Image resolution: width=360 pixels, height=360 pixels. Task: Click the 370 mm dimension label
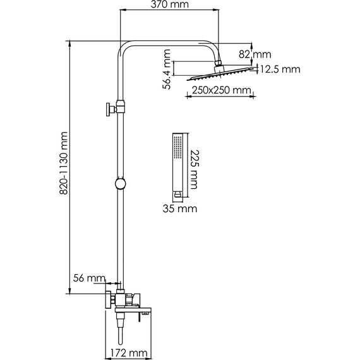click(x=170, y=4)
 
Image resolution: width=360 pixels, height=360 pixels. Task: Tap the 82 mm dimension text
click(x=255, y=54)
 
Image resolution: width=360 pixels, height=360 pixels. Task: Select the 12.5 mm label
click(x=280, y=69)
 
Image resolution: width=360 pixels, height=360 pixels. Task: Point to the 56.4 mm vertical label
click(x=167, y=69)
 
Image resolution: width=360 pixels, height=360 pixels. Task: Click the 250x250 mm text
click(x=221, y=90)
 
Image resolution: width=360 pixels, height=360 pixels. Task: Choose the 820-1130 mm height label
click(x=64, y=163)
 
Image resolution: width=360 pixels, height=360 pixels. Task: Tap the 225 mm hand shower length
click(x=195, y=169)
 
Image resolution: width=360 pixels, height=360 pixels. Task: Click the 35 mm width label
click(x=180, y=208)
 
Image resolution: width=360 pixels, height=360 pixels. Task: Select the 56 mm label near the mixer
click(x=89, y=279)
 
